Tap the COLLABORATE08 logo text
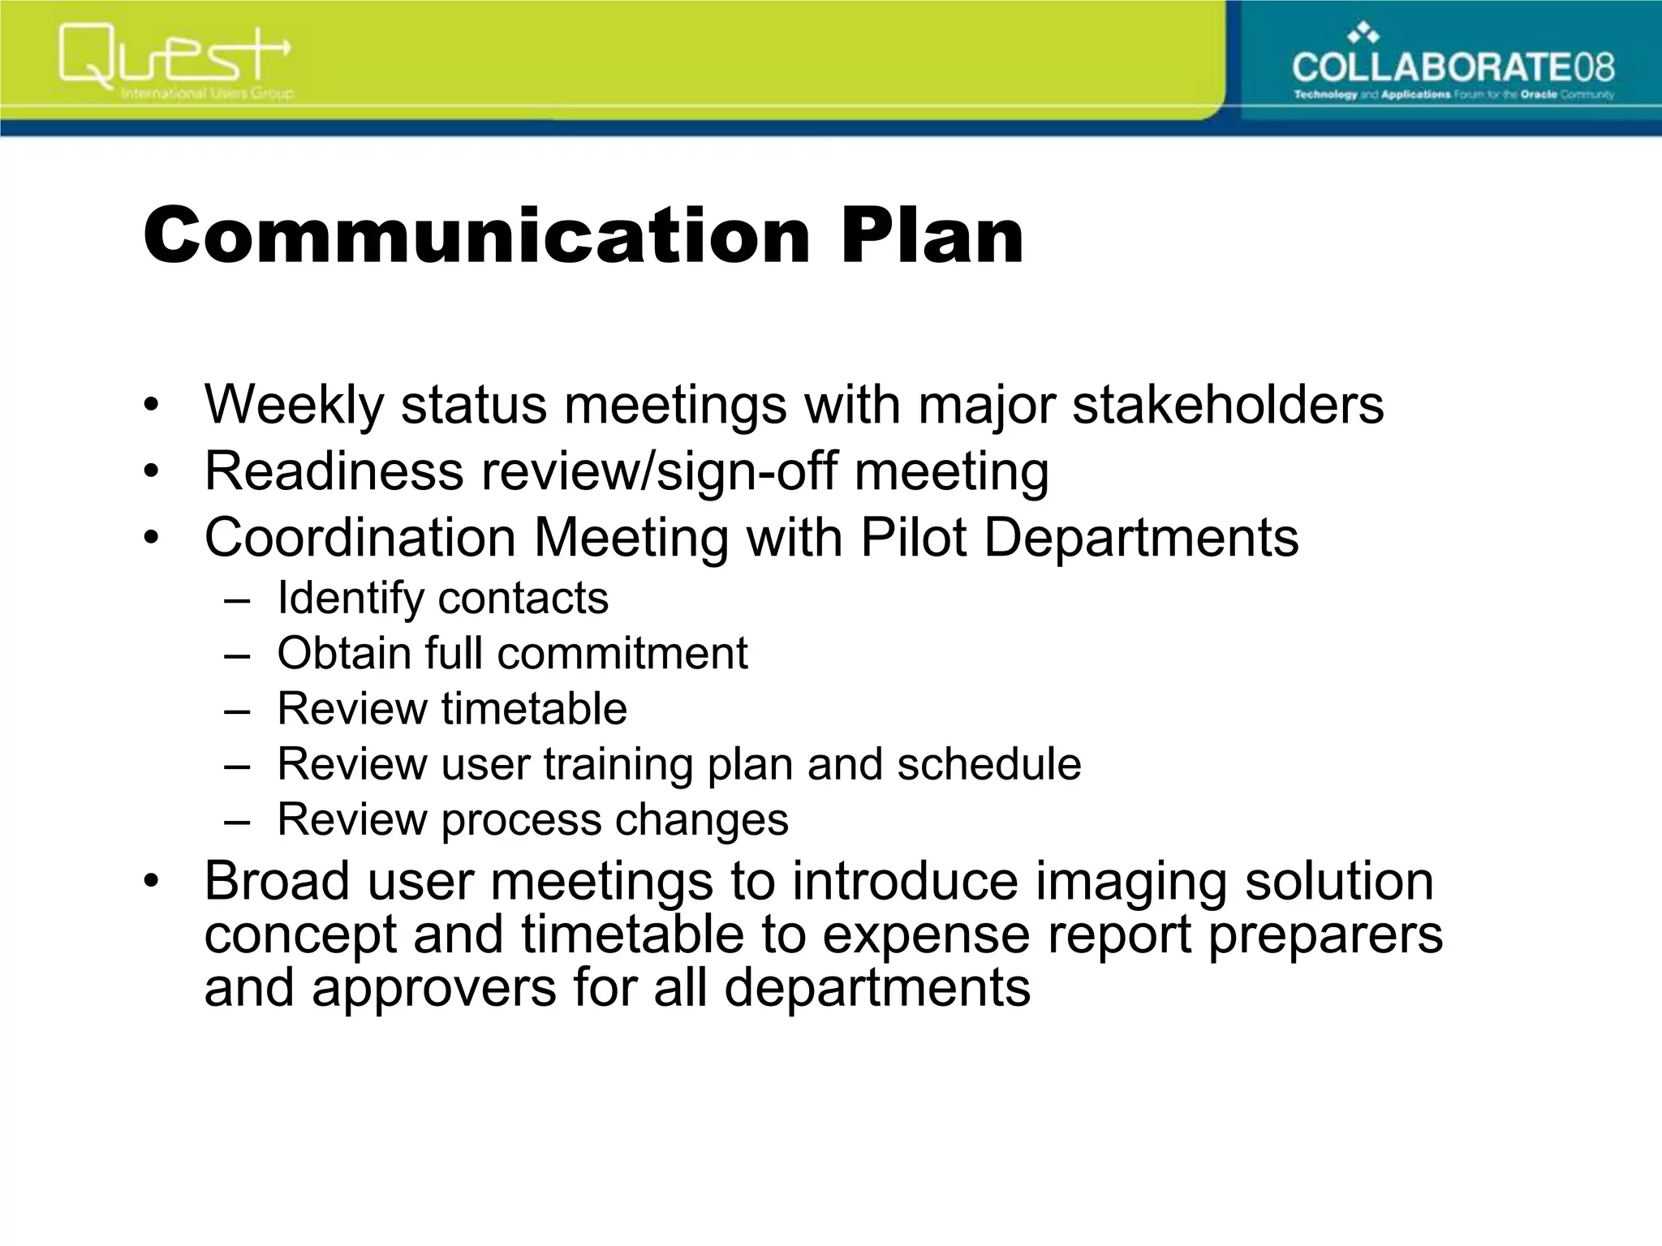[1453, 67]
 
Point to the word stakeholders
[1228, 405]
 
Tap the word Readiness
[334, 471]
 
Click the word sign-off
[746, 471]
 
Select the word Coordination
[360, 538]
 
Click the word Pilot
[913, 538]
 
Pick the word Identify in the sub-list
[351, 599]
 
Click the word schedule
[989, 765]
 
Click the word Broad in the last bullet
[276, 881]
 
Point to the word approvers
[434, 989]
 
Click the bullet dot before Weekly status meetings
[149, 405]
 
